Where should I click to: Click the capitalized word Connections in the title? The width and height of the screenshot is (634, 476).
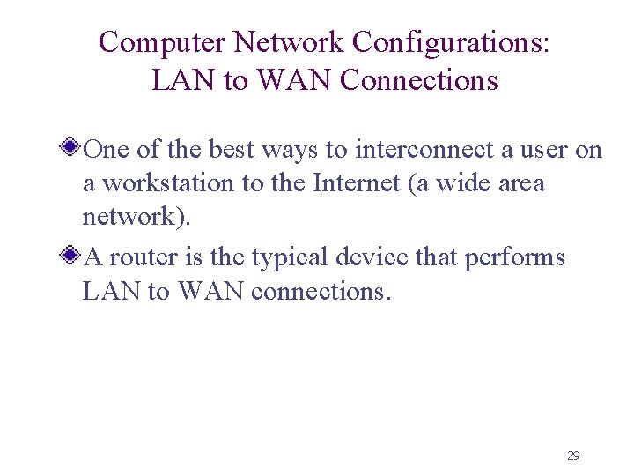click(x=419, y=80)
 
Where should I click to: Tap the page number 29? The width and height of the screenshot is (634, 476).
click(x=573, y=456)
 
